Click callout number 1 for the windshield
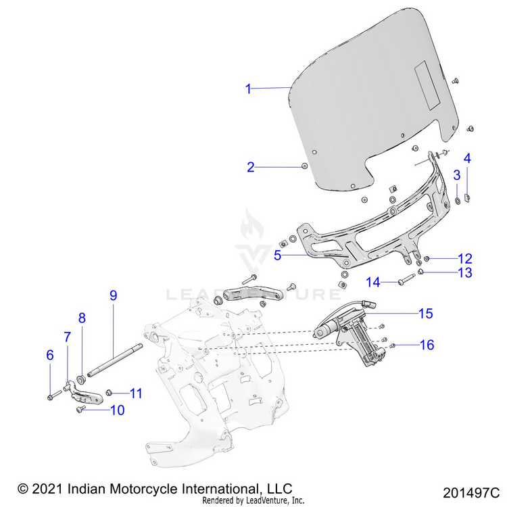click(x=248, y=89)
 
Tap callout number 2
click(x=250, y=167)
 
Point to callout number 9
click(x=114, y=295)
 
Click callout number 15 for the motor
click(x=425, y=314)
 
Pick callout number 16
click(x=427, y=345)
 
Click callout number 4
click(x=467, y=158)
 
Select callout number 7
click(x=67, y=336)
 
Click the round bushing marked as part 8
click(x=80, y=376)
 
